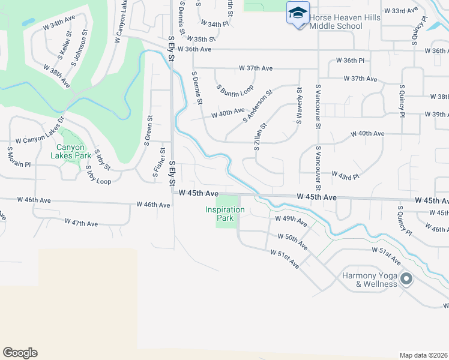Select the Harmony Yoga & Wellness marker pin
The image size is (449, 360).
[407, 279]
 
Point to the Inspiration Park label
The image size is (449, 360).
[225, 214]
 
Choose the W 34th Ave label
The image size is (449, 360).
[59, 23]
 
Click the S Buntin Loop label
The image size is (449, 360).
[235, 90]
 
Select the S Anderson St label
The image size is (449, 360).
[258, 106]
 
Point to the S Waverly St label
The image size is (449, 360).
[298, 105]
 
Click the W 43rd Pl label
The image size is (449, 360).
[345, 176]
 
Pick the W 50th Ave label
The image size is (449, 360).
[296, 242]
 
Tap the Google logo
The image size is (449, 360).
[20, 353]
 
